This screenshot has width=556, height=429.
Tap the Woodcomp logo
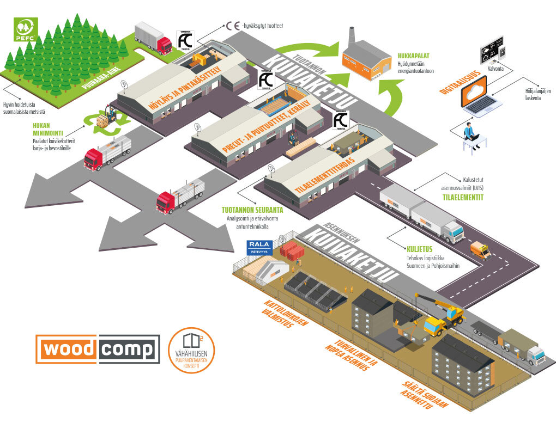coord(98,349)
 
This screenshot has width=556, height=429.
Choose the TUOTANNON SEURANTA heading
coord(252,210)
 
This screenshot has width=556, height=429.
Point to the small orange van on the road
coord(480,250)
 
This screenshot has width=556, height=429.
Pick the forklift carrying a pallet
coord(106,117)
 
